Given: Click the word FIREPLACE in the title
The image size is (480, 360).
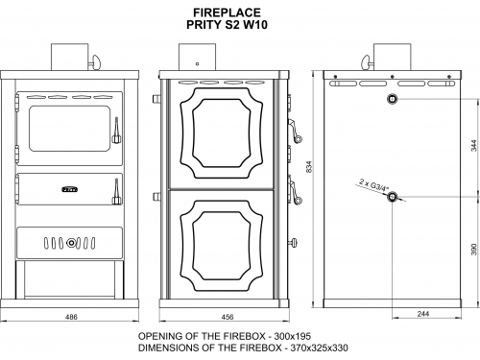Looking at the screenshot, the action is click(x=227, y=12).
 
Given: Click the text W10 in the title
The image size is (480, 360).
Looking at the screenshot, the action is click(x=255, y=25).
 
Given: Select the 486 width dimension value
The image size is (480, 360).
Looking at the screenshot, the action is click(x=71, y=317).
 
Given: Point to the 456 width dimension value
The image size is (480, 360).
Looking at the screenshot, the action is click(x=228, y=317).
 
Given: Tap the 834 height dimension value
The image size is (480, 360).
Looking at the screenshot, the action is click(x=309, y=167).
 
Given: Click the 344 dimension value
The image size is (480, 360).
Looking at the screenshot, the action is click(x=474, y=146).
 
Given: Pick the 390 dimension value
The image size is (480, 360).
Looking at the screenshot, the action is click(x=474, y=250).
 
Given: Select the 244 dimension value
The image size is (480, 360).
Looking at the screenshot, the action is click(x=423, y=314).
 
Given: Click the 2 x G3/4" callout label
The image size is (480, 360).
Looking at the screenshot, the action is click(x=373, y=185).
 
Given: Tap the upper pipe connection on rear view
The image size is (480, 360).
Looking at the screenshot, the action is click(x=392, y=99).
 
